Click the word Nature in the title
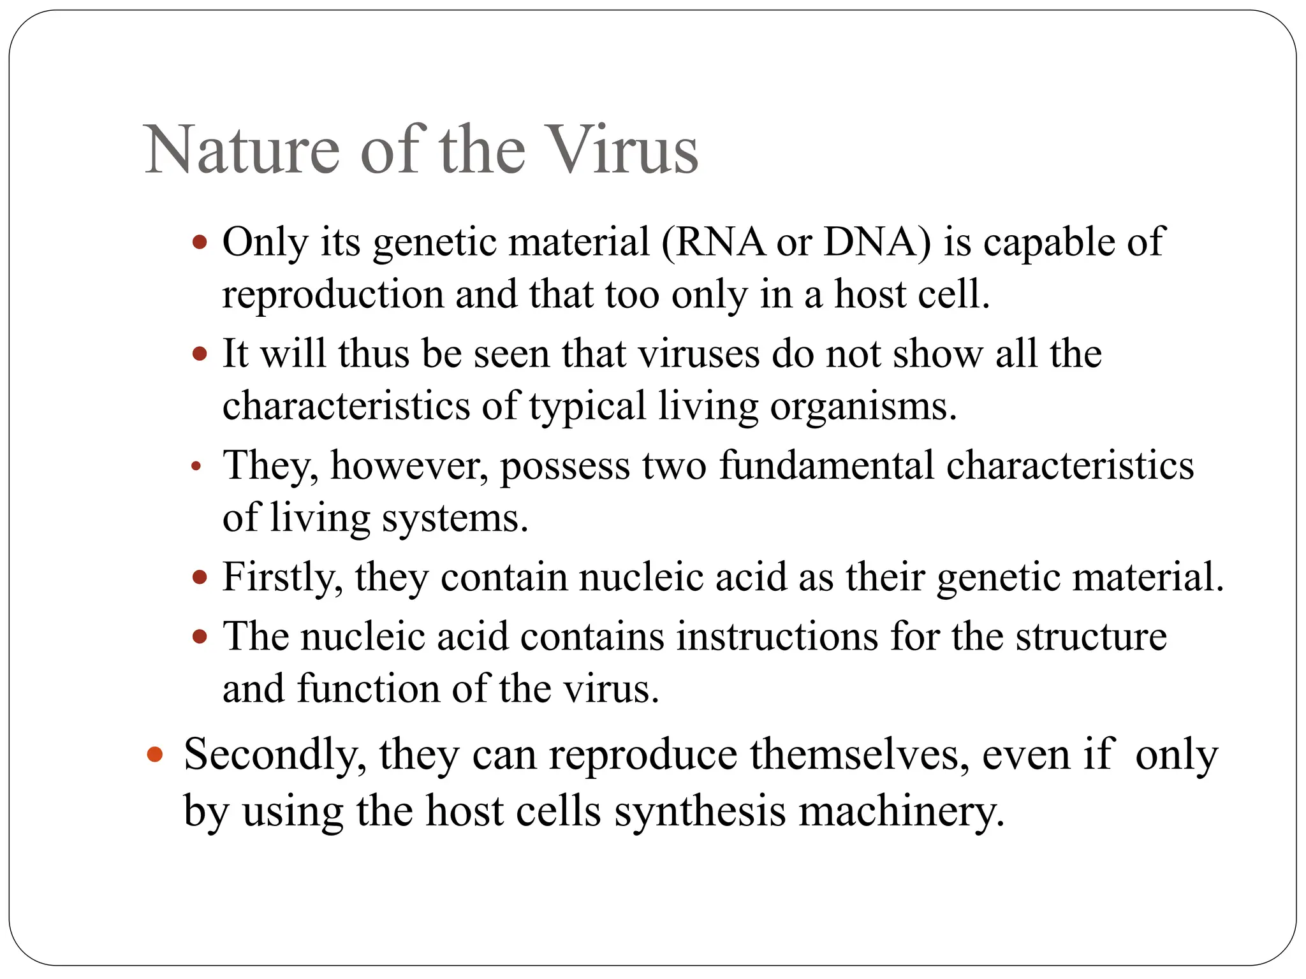(x=242, y=151)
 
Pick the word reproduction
(x=332, y=296)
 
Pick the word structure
(x=1091, y=636)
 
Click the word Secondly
(x=275, y=755)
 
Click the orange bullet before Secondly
(x=155, y=755)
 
